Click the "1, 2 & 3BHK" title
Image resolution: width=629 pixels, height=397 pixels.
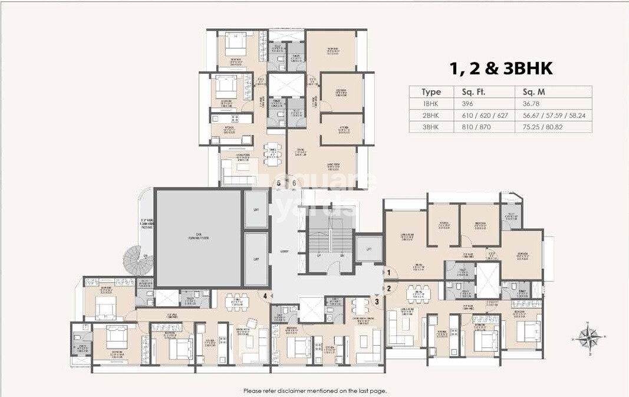[501, 68]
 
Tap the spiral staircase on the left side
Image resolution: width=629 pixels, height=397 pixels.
[141, 257]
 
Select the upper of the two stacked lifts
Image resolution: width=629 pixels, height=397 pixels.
[256, 209]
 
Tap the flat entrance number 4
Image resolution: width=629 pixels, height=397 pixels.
[266, 296]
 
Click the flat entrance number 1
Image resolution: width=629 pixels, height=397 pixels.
[388, 273]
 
